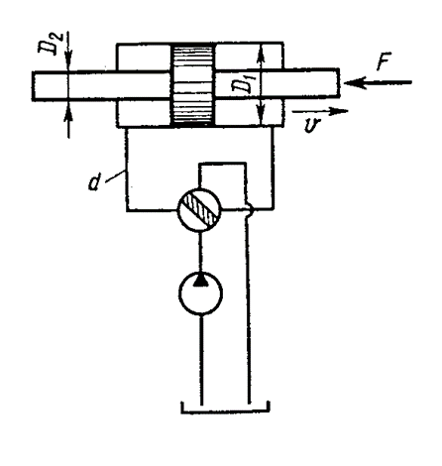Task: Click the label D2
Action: pyautogui.click(x=48, y=43)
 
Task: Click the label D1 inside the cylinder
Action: pyautogui.click(x=241, y=85)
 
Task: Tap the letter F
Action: pyautogui.click(x=385, y=61)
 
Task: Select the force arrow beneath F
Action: pyautogui.click(x=378, y=82)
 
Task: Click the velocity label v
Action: pyautogui.click(x=312, y=125)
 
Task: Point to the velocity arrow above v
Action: pyautogui.click(x=320, y=111)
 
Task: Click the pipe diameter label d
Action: pyautogui.click(x=95, y=182)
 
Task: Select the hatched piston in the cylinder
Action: pyautogui.click(x=193, y=85)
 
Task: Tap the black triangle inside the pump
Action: pyautogui.click(x=200, y=280)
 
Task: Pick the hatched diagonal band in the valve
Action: pyautogui.click(x=200, y=210)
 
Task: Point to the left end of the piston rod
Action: pyautogui.click(x=33, y=85)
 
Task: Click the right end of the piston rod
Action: pyautogui.click(x=339, y=83)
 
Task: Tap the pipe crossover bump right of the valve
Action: pyautogui.click(x=250, y=209)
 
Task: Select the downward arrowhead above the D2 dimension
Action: pyautogui.click(x=68, y=64)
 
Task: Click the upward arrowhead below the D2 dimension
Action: pyautogui.click(x=68, y=108)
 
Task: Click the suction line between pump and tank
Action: pyautogui.click(x=201, y=360)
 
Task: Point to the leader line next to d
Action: pyautogui.click(x=115, y=175)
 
